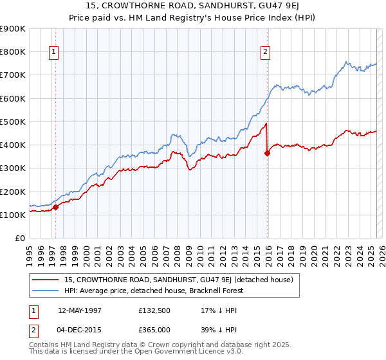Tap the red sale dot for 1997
55,207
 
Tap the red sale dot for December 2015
267,153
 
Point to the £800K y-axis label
13,51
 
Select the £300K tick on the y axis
13,168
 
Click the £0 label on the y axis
19,239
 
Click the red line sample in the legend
46,280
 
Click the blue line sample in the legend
46,291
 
